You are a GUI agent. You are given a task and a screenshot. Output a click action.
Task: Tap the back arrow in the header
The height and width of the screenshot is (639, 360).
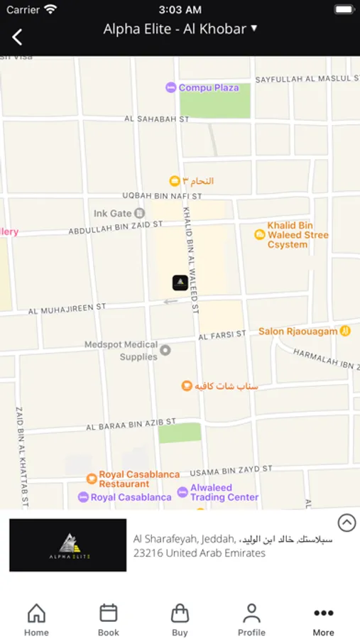click(17, 37)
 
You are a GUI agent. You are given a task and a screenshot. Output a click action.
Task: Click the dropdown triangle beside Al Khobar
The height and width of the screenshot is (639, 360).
click(254, 28)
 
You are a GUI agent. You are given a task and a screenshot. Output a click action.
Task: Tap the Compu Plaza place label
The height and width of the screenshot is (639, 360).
click(209, 87)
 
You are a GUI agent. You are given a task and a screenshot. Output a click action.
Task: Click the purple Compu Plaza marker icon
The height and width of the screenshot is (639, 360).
click(170, 87)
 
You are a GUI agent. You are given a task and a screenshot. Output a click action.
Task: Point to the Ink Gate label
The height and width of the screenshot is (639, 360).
click(113, 213)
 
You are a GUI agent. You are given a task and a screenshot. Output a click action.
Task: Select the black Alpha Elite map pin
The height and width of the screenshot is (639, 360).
click(180, 283)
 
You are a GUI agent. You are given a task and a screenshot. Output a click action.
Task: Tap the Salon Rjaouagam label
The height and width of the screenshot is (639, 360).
click(298, 331)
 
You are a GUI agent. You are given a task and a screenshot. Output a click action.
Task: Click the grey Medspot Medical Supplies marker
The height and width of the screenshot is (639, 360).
click(165, 350)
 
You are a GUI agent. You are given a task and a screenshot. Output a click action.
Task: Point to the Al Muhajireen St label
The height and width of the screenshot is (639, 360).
click(67, 308)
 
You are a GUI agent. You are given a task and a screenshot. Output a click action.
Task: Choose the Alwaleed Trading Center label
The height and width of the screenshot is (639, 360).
click(224, 492)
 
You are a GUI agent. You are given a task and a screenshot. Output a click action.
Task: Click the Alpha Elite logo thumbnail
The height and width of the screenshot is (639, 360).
click(68, 545)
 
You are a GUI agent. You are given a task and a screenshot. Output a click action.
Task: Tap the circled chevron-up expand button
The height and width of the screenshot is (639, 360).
click(347, 523)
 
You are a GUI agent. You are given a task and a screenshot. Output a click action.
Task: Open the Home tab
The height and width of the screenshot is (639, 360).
click(36, 619)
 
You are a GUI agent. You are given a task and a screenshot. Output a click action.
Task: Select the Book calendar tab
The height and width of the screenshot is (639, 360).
click(109, 619)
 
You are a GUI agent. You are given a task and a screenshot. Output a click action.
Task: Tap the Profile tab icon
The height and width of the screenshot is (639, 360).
click(251, 613)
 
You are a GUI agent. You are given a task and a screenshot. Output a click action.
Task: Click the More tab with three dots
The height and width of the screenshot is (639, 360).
click(323, 619)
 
